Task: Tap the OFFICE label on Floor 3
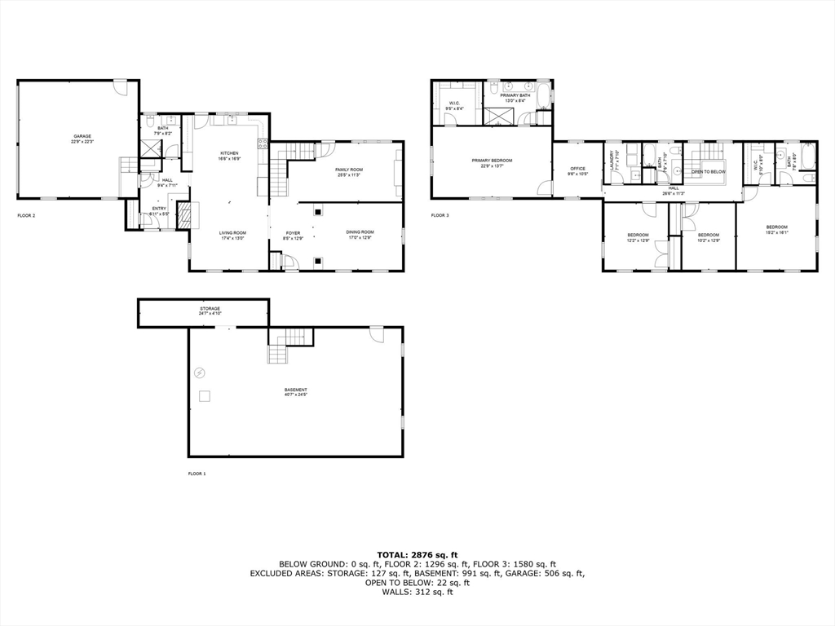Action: (x=577, y=170)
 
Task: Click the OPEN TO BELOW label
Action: (x=709, y=172)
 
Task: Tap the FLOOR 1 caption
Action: (x=196, y=474)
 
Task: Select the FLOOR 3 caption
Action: (x=439, y=216)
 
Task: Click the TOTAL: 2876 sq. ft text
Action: (x=417, y=554)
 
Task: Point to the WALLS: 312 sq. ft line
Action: (x=417, y=592)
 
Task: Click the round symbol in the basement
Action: (x=200, y=373)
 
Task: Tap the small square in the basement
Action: (x=205, y=396)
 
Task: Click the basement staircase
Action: (x=289, y=346)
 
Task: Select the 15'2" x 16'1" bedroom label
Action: (x=776, y=228)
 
